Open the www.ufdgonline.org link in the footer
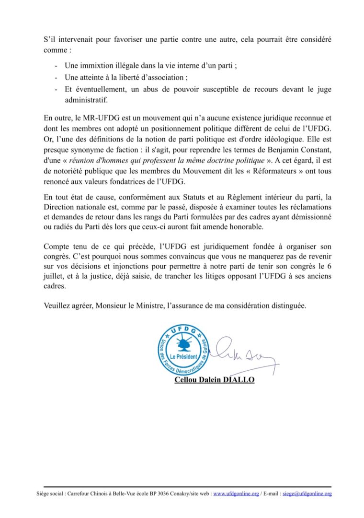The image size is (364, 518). [236, 493]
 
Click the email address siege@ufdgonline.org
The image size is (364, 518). [307, 493]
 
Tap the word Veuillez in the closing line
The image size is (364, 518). [57, 305]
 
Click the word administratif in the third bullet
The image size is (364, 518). [87, 100]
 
